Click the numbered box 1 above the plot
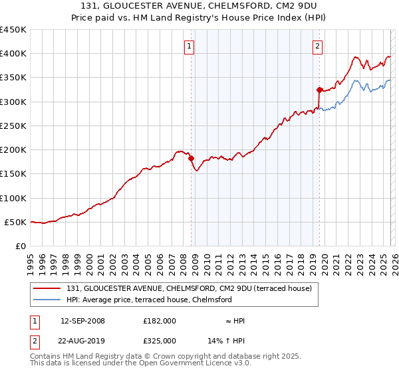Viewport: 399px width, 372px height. (x=190, y=46)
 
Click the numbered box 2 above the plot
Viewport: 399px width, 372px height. (x=318, y=46)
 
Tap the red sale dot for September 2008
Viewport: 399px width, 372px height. (x=191, y=159)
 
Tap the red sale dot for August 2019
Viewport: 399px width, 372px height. (x=319, y=90)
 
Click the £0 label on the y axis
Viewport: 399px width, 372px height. (x=20, y=246)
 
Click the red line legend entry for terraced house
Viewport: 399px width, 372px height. (x=193, y=288)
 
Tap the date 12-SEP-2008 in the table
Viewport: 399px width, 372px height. (x=82, y=321)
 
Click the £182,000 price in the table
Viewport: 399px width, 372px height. (x=160, y=321)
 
